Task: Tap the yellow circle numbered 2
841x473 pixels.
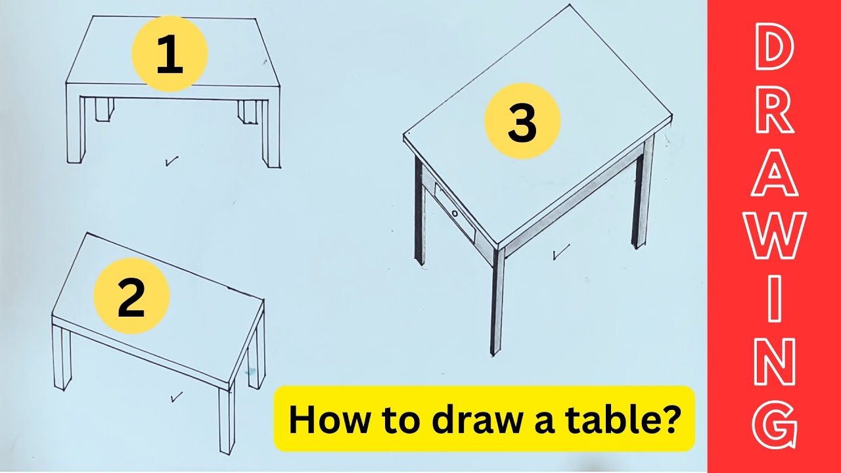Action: pos(131,296)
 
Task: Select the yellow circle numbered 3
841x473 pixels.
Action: pos(522,121)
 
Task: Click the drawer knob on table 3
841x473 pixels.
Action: pos(455,213)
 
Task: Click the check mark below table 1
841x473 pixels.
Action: pos(172,160)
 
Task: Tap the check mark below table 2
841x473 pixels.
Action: pos(175,396)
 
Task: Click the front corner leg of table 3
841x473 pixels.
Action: pos(497,302)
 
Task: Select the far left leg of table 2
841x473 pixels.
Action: pos(61,358)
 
